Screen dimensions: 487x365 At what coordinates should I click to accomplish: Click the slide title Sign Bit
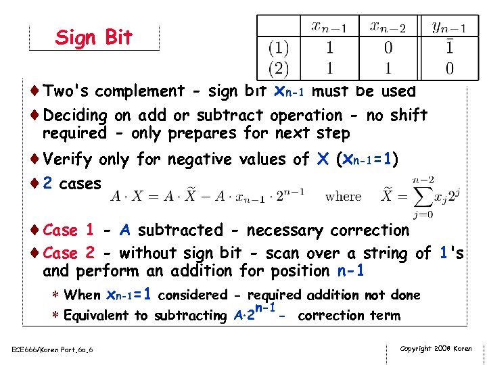click(94, 37)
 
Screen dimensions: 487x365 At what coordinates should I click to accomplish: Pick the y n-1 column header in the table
click(449, 28)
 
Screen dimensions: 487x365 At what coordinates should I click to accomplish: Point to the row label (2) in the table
click(279, 68)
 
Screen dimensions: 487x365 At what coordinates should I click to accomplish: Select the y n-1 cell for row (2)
click(450, 68)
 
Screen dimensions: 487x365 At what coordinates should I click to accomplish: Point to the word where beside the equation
click(343, 197)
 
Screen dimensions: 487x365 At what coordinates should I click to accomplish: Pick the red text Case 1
click(68, 230)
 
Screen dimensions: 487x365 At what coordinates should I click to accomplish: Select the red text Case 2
click(68, 253)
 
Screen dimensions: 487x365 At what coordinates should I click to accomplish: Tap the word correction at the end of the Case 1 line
click(369, 230)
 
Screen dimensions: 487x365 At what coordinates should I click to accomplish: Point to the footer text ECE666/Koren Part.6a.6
click(53, 349)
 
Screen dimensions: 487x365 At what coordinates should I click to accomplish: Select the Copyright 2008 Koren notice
click(436, 348)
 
